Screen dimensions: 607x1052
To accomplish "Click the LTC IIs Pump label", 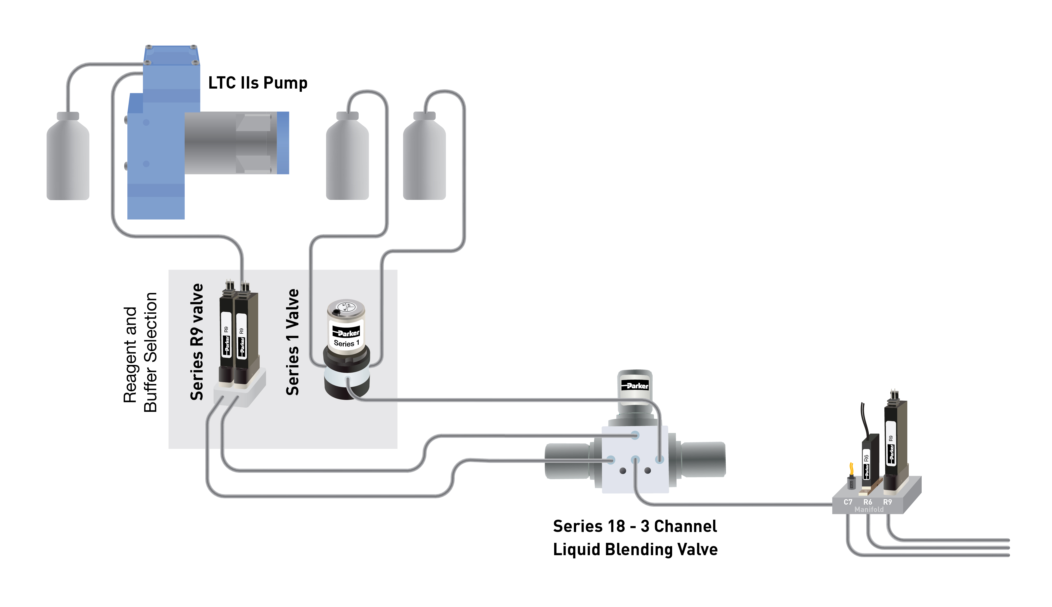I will point(258,83).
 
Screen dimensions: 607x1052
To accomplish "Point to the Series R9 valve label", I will point(196,342).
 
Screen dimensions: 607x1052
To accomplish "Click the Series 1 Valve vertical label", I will point(292,342).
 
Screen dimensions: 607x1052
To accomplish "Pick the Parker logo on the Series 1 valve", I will point(346,333).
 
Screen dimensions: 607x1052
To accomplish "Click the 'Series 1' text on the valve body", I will point(346,343).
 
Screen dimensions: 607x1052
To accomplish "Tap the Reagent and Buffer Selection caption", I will point(140,353).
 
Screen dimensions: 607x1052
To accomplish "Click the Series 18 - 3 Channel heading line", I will point(635,526).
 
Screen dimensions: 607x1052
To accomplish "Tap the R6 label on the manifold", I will point(868,502).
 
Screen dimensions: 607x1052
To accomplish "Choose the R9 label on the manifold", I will point(887,502).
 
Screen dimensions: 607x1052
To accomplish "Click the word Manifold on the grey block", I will point(869,510).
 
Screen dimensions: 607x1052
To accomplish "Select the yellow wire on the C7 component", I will point(851,469).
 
